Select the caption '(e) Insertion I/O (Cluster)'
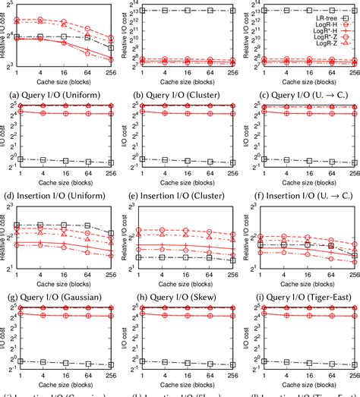pyautogui.click(x=179, y=194)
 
